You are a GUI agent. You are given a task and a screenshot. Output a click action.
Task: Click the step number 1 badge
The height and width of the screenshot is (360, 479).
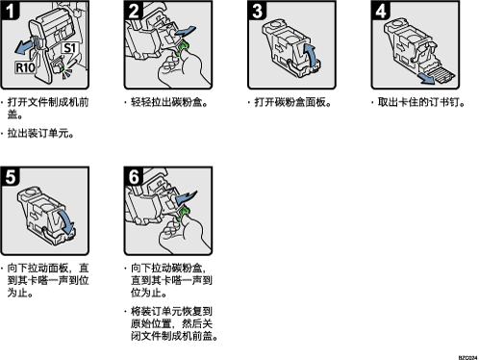click(x=10, y=10)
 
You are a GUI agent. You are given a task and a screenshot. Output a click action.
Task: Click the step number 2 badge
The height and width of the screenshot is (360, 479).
click(x=134, y=10)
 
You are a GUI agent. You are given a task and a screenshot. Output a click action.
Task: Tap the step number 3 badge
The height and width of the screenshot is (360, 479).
click(x=257, y=10)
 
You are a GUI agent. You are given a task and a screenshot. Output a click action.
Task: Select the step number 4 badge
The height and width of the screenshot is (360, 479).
click(x=381, y=10)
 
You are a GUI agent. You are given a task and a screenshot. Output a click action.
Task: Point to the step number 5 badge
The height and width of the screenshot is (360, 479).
click(x=10, y=176)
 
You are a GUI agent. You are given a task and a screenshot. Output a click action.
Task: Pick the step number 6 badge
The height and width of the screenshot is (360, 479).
click(x=134, y=176)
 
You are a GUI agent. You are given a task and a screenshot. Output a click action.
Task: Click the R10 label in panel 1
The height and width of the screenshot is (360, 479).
click(x=25, y=67)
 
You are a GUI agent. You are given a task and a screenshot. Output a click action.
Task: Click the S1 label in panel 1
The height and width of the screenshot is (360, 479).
click(x=69, y=48)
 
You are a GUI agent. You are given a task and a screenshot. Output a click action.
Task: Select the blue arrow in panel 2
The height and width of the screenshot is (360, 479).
click(x=185, y=32)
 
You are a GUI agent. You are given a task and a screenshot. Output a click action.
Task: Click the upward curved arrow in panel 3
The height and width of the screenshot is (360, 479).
click(x=309, y=55)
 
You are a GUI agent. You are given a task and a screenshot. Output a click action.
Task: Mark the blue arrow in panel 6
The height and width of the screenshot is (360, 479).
click(x=186, y=196)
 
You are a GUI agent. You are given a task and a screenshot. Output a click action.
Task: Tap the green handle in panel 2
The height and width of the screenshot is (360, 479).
click(x=183, y=46)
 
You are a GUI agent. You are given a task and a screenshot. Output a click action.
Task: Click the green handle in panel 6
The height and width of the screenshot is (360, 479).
click(x=183, y=213)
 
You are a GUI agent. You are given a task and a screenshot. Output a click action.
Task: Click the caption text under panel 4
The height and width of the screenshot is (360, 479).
click(x=420, y=102)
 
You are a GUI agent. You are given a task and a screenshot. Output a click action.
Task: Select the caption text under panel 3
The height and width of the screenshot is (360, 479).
click(x=292, y=102)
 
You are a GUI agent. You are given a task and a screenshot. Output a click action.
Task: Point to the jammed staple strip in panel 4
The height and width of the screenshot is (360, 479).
click(x=443, y=75)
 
